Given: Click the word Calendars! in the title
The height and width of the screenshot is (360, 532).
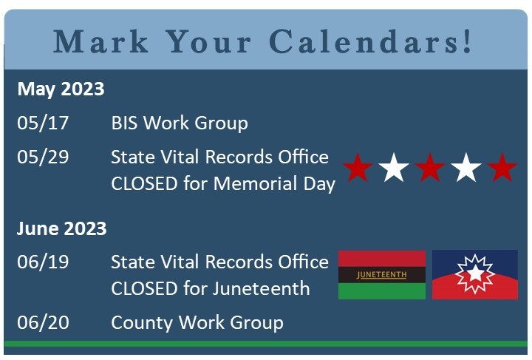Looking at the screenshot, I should [371, 41].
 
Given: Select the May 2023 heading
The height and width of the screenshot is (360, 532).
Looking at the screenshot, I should [61, 89].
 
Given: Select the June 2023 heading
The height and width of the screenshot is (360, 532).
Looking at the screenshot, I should [62, 228].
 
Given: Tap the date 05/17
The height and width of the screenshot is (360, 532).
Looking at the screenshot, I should [43, 123].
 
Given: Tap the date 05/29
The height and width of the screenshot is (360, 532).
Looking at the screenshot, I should [43, 157].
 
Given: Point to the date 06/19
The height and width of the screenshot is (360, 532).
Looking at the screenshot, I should [43, 262].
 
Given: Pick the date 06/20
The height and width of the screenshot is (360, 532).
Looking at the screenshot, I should [43, 322].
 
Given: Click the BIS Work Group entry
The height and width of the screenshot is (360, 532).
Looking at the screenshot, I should [180, 123].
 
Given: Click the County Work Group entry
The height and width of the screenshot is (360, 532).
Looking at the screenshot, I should [197, 322].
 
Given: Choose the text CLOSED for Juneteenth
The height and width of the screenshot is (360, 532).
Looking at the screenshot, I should [211, 288].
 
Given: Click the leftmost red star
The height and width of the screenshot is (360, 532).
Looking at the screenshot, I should [358, 169].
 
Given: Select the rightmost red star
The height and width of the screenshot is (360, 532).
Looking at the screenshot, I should [502, 169].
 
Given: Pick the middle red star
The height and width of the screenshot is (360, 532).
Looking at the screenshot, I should [430, 169].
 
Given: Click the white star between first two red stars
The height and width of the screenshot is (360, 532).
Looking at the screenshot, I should [394, 169].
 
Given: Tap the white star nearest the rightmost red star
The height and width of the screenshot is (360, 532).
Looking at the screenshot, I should [466, 169].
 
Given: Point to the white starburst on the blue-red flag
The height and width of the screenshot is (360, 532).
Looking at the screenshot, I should [474, 274].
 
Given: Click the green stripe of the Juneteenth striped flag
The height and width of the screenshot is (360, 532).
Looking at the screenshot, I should [381, 292].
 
